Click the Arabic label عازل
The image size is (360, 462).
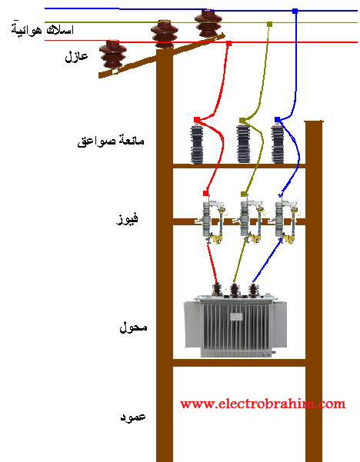coord(76,55)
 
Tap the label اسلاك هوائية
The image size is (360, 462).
coord(42,29)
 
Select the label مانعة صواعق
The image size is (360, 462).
coord(111,141)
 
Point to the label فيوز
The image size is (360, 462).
coord(127,219)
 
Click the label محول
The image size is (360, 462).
coord(133,327)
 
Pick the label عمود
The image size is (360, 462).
coord(133,417)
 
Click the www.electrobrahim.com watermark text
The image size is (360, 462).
coord(263,403)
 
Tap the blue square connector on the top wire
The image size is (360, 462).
coord(295,12)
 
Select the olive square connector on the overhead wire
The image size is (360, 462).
coord(269,24)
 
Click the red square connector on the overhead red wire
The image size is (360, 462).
coord(228,44)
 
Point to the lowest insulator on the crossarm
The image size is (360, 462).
coord(112,55)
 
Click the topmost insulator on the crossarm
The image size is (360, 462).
coord(208,24)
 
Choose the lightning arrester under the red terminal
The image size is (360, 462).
coord(196,145)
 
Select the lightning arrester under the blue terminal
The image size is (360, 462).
coord(278,145)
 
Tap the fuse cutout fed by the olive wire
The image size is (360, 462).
coord(249,222)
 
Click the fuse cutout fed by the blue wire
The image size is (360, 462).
coord(285,222)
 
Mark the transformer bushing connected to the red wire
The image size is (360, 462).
coord(217,290)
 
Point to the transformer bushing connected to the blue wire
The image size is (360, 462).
coord(253,291)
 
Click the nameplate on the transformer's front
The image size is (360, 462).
coord(236,317)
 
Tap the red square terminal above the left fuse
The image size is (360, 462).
coord(206,193)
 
